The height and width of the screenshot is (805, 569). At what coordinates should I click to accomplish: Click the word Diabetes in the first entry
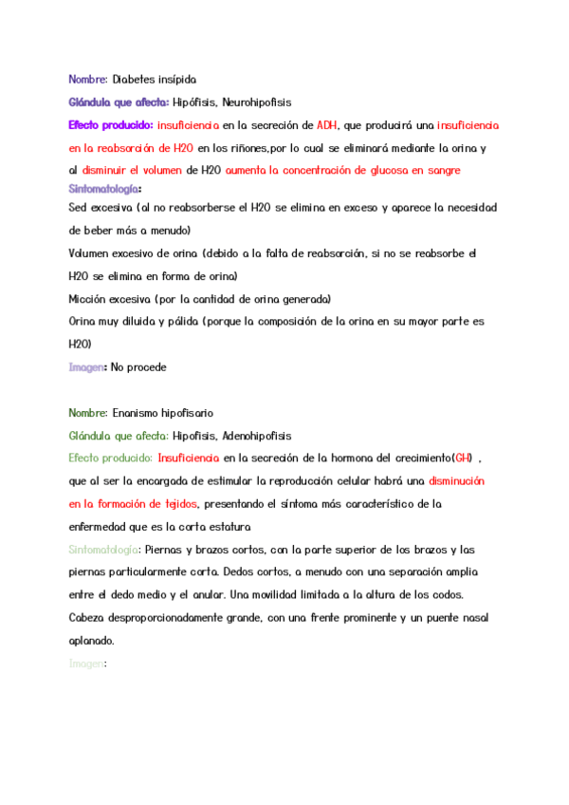click(x=132, y=79)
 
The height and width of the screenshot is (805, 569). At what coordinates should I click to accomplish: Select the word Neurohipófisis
click(x=256, y=102)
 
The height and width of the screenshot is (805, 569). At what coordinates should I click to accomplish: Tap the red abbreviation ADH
click(x=327, y=124)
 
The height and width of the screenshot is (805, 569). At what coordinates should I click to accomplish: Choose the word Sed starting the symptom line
click(x=80, y=207)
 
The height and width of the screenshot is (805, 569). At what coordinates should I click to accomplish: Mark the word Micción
click(x=88, y=299)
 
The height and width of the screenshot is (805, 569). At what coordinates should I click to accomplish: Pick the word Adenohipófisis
click(x=256, y=436)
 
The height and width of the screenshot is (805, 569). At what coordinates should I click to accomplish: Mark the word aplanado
click(x=91, y=641)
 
